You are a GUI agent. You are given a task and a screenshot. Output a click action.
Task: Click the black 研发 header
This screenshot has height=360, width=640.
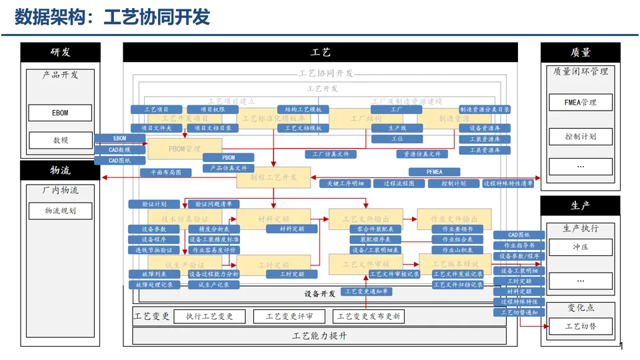pyautogui.click(x=60, y=52)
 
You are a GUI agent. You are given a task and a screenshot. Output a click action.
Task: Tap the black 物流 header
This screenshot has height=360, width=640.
pyautogui.click(x=60, y=171)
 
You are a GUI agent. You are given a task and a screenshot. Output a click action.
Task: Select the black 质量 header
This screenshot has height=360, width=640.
pyautogui.click(x=580, y=52)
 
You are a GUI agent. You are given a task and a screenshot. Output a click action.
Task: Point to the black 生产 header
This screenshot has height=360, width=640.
pyautogui.click(x=580, y=205)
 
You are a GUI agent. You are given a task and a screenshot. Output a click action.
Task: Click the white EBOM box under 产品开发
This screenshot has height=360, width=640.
pyautogui.click(x=60, y=113)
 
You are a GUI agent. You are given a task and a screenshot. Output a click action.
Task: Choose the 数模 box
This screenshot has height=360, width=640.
pyautogui.click(x=60, y=141)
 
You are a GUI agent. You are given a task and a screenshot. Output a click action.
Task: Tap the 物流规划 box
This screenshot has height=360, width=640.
pyautogui.click(x=60, y=211)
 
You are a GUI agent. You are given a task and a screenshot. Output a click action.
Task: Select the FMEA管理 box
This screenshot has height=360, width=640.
pyautogui.click(x=580, y=102)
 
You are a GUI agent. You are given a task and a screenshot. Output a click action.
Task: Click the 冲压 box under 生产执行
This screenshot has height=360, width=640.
pyautogui.click(x=580, y=247)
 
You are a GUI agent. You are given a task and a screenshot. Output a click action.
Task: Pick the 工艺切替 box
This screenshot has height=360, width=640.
pyautogui.click(x=580, y=326)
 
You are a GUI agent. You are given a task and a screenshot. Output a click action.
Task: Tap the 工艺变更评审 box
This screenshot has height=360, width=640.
pyautogui.click(x=289, y=317)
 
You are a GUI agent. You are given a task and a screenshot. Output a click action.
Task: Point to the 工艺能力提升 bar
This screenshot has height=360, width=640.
pyautogui.click(x=319, y=336)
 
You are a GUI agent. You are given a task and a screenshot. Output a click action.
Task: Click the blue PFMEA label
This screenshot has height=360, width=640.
pyautogui.click(x=434, y=172)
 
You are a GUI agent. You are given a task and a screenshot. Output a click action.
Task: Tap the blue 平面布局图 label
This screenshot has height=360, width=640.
pyautogui.click(x=165, y=172)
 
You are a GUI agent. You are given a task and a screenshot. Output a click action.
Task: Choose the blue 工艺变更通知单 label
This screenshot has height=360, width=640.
pyautogui.click(x=367, y=291)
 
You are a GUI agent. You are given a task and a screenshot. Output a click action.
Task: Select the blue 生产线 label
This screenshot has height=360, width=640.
pyautogui.click(x=397, y=128)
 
